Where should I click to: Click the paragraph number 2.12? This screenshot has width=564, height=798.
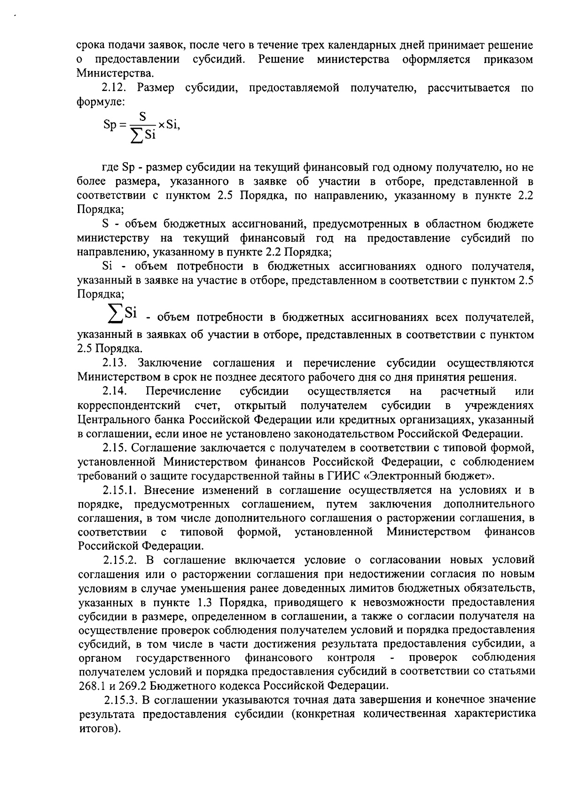[114, 88]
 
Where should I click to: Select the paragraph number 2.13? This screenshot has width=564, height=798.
[114, 363]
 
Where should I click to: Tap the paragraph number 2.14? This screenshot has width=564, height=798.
[114, 391]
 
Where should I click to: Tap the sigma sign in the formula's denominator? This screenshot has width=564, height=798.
[136, 136]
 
